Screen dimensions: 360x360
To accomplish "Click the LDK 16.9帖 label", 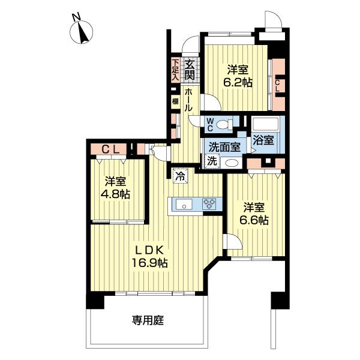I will [149, 257].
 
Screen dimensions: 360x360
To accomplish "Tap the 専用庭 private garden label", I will [148, 320].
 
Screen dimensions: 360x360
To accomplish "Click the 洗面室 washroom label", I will [224, 146].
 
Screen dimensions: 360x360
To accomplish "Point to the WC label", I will [211, 124].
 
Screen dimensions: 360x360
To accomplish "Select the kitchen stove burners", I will [209, 203].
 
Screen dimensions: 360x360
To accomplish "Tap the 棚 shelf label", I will [175, 102].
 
